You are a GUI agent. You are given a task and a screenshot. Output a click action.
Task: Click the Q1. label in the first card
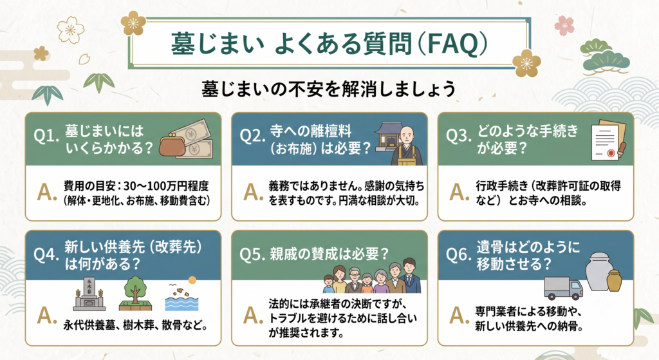pos(46,136)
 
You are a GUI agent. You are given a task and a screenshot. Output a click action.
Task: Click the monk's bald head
pos(407,135)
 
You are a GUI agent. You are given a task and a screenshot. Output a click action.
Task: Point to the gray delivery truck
pos(563,288)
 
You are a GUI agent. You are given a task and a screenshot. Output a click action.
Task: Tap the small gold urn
pos(614,281)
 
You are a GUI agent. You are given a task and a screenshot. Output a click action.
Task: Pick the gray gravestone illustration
pos(89,294)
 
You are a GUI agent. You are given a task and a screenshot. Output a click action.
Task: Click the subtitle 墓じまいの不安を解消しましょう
pos(329,89)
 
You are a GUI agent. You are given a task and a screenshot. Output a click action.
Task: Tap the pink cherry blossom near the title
pos(564,26)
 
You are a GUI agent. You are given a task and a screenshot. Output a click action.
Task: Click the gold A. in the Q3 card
pos(459,192)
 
